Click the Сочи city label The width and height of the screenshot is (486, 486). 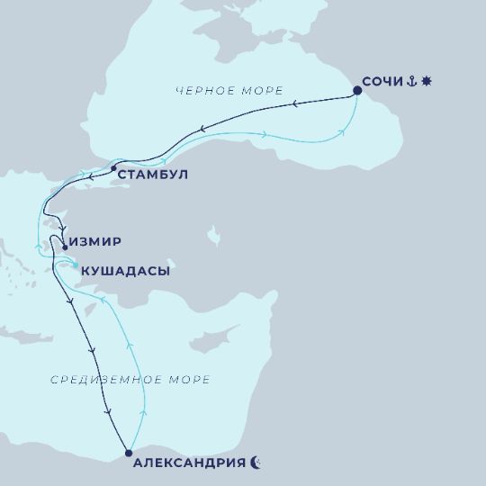382,82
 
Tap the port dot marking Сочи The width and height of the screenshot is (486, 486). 357,90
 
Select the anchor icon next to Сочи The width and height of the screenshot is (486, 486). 410,82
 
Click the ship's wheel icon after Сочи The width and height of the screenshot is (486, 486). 426,82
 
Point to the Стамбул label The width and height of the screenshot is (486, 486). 154,175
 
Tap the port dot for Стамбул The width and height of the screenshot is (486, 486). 113,168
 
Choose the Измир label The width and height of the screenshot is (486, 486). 95,242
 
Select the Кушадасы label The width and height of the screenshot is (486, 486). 125,270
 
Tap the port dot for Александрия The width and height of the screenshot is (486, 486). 129,453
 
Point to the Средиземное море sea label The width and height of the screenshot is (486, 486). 130,380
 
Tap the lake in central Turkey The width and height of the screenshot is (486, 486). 213,236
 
